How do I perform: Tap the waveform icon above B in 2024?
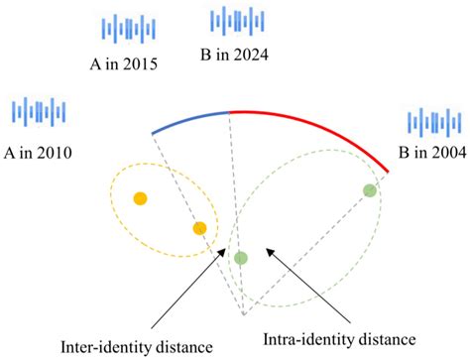[x=232, y=20]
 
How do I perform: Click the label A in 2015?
[x=124, y=65]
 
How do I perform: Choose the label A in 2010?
[x=39, y=152]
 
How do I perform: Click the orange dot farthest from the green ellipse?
[x=140, y=197]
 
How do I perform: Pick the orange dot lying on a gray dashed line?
[x=199, y=228]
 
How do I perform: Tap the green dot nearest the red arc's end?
[x=369, y=190]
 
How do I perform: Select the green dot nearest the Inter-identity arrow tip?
[x=240, y=258]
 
